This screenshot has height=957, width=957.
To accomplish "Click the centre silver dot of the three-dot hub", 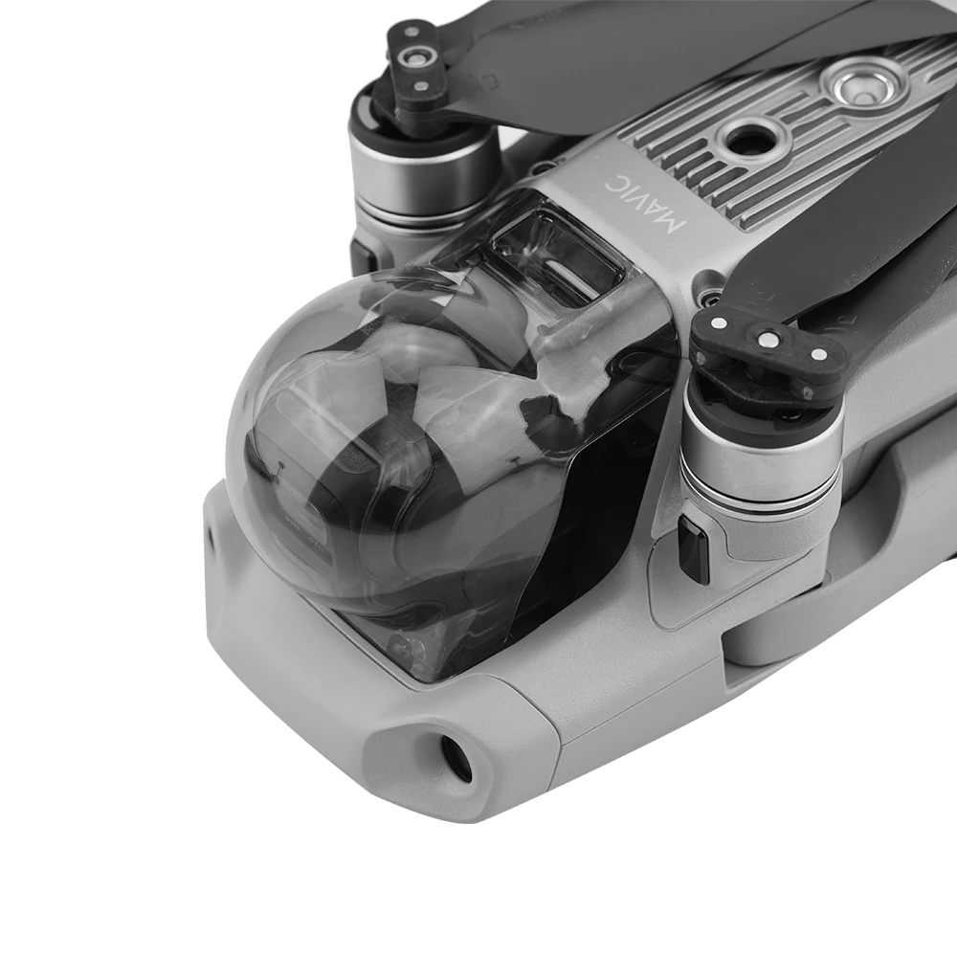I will (767, 337).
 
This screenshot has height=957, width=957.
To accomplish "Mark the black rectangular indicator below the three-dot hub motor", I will (693, 549).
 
